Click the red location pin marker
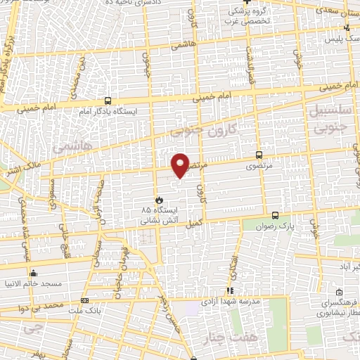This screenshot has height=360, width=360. tap(181, 166)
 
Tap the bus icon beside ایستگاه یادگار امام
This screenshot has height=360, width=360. tap(107, 101)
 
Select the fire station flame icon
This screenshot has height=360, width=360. tap(159, 199)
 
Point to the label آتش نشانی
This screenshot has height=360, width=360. tap(143, 220)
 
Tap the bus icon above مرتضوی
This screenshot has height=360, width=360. tap(259, 155)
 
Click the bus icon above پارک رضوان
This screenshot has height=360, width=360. tap(275, 216)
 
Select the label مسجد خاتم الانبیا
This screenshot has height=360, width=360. tap(34, 285)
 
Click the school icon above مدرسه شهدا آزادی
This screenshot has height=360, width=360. tap(229, 290)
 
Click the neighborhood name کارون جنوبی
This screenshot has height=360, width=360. tap(204, 131)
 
